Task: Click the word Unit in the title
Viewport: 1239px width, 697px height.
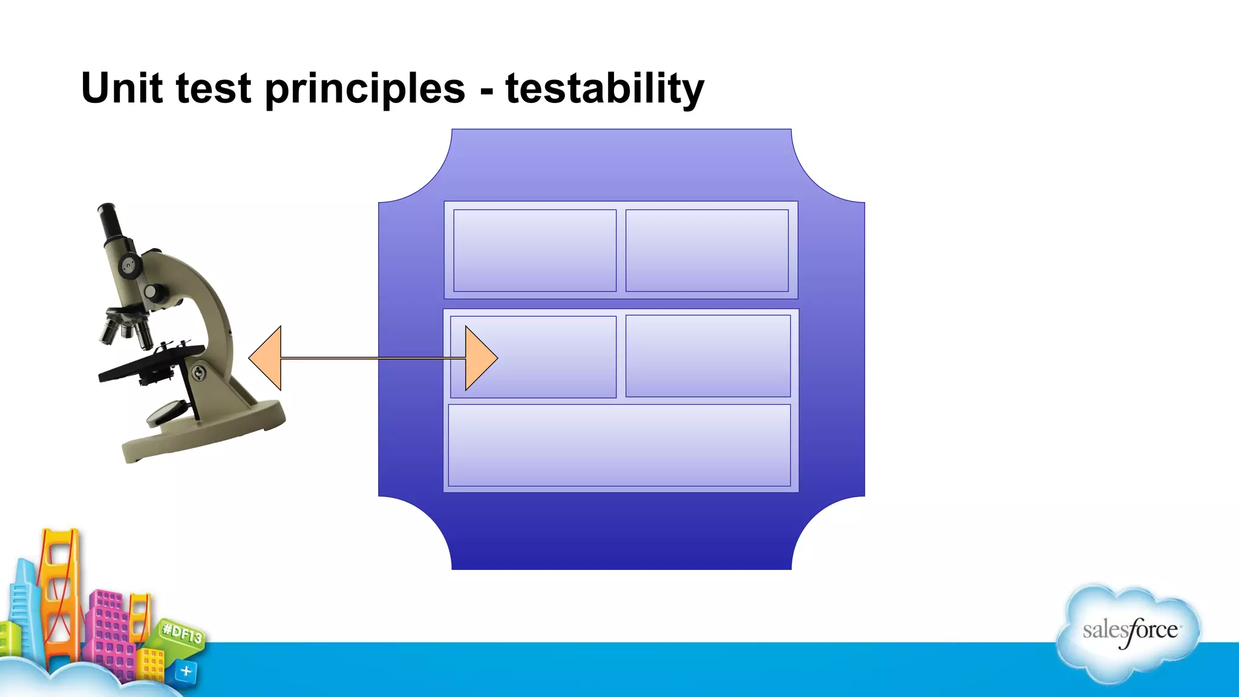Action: [x=121, y=88]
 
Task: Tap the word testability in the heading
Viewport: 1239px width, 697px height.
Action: [x=604, y=88]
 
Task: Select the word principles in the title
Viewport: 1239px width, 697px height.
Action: [x=365, y=88]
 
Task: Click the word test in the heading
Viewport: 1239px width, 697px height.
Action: [x=213, y=88]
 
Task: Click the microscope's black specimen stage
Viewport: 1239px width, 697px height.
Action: [x=151, y=362]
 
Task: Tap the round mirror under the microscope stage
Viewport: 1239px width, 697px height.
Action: [x=165, y=412]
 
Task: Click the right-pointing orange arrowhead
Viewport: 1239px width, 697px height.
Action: [x=480, y=358]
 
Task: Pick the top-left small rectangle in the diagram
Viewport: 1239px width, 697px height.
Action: [x=535, y=250]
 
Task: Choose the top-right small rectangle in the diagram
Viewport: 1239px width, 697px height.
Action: [x=707, y=250]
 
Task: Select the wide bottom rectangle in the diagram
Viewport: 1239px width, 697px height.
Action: [x=619, y=445]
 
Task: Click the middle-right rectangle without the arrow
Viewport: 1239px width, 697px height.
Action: [x=708, y=356]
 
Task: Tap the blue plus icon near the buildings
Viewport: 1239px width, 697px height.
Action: [x=186, y=671]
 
